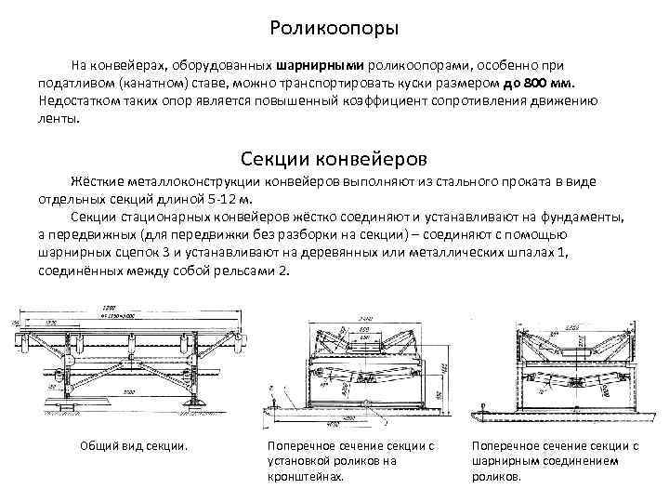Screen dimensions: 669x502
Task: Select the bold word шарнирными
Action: tap(320, 67)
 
